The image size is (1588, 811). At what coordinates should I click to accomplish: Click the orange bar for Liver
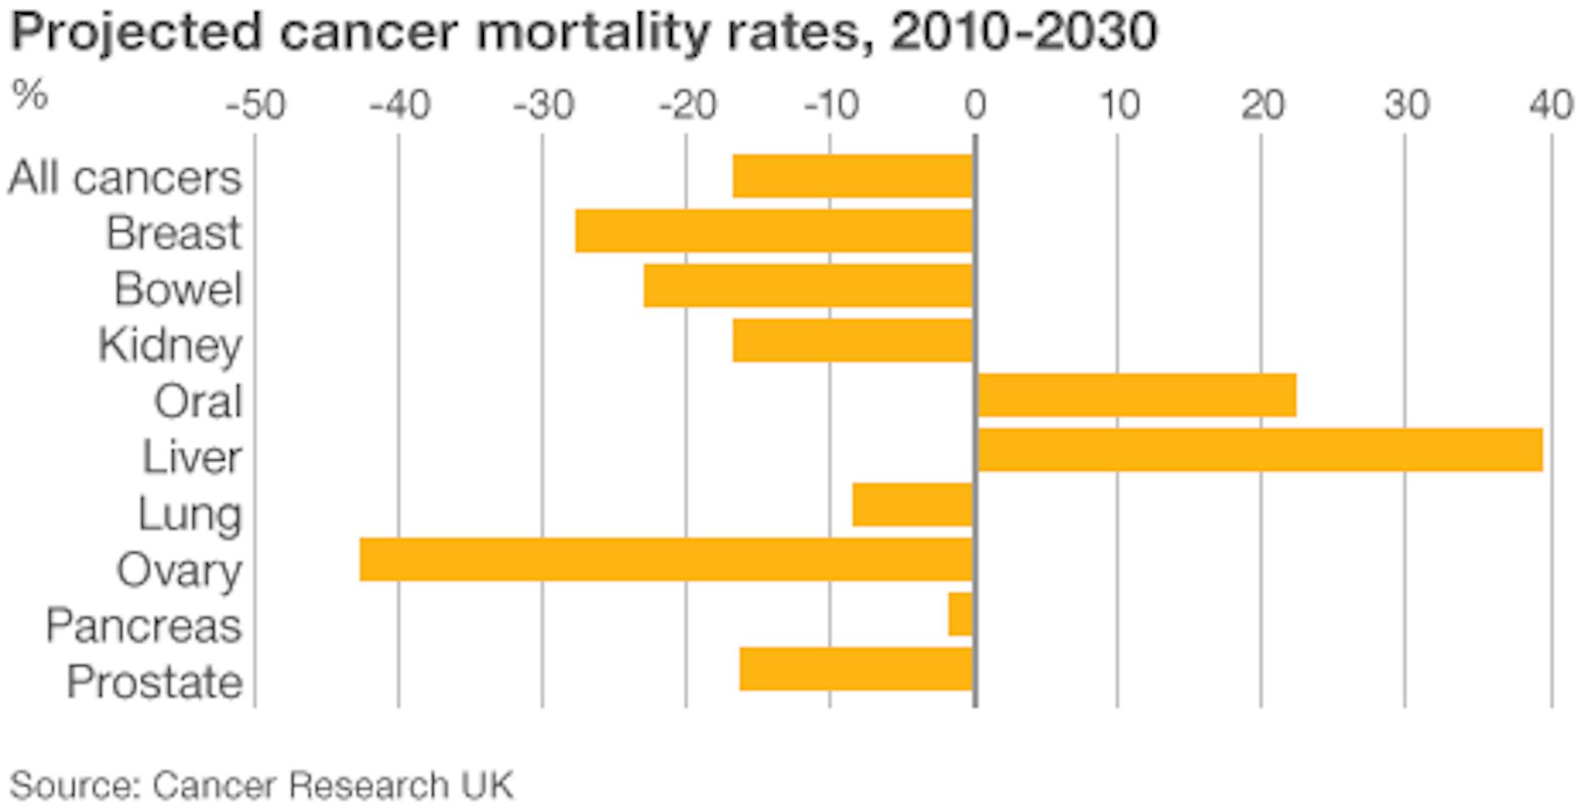(1259, 449)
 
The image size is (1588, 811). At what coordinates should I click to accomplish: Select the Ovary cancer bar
(666, 559)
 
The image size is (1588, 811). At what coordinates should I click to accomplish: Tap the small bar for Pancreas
(960, 614)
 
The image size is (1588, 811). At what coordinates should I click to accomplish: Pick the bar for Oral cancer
(1137, 395)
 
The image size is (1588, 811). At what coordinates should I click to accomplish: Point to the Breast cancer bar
(773, 231)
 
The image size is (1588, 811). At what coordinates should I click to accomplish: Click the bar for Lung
(912, 504)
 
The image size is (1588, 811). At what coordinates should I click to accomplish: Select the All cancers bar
(853, 176)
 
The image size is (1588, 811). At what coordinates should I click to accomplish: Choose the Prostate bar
(856, 668)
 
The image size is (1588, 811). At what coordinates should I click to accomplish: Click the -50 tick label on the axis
(255, 107)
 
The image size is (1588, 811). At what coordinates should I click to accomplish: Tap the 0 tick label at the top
(975, 107)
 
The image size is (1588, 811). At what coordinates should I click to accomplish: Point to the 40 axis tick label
(1551, 107)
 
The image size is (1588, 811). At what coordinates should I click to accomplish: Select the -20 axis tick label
(687, 107)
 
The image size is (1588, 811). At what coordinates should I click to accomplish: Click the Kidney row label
(170, 345)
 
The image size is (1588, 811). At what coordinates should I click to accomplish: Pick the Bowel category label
(178, 288)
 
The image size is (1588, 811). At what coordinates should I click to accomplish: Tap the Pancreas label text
(143, 626)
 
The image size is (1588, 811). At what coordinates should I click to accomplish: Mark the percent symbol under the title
(30, 95)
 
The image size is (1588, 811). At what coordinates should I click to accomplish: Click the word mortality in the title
(591, 33)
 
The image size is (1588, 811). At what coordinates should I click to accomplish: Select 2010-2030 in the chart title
(1023, 33)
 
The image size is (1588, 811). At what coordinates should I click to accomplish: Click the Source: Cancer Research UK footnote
(261, 785)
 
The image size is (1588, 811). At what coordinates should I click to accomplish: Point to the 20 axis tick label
(1262, 107)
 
